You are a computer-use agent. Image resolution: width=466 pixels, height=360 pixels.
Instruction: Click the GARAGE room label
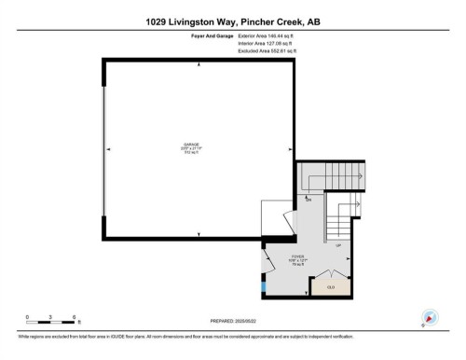[191, 145]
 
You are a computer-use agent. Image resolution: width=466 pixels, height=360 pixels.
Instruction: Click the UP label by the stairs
[337, 246]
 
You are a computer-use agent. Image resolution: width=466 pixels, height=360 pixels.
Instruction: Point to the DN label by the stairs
[308, 201]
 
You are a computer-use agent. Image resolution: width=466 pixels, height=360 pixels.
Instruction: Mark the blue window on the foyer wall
[264, 280]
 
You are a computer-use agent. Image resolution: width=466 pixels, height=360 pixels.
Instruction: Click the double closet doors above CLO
[330, 274]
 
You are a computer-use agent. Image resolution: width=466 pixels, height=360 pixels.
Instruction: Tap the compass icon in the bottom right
[431, 317]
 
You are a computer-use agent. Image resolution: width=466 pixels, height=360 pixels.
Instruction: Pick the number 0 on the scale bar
[28, 318]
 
